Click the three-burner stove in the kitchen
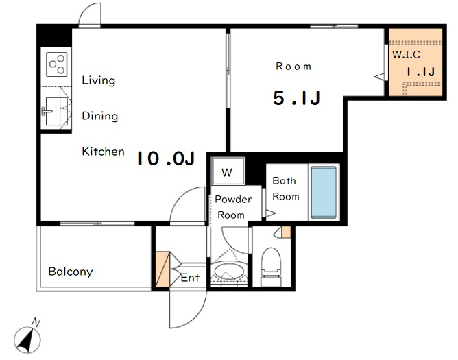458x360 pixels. click(x=57, y=64)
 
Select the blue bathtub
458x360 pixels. click(x=324, y=192)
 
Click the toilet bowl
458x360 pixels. click(x=272, y=267)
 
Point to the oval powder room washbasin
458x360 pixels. click(x=229, y=272)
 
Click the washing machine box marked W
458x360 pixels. click(x=228, y=172)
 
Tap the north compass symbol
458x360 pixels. click(x=27, y=338)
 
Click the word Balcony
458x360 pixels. click(x=71, y=272)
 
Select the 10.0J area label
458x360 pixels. click(x=166, y=158)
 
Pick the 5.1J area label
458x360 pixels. click(x=297, y=98)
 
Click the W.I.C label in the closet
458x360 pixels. click(x=406, y=54)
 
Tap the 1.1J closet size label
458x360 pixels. click(x=421, y=72)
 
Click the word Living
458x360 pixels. click(x=99, y=80)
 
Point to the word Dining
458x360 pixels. click(x=100, y=116)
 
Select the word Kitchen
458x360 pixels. click(x=103, y=152)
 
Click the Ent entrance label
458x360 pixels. click(x=190, y=278)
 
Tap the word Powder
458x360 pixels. click(x=233, y=200)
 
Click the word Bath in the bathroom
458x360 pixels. click(x=284, y=180)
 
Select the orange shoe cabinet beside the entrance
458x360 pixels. click(x=162, y=269)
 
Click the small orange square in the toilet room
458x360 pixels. click(x=287, y=232)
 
